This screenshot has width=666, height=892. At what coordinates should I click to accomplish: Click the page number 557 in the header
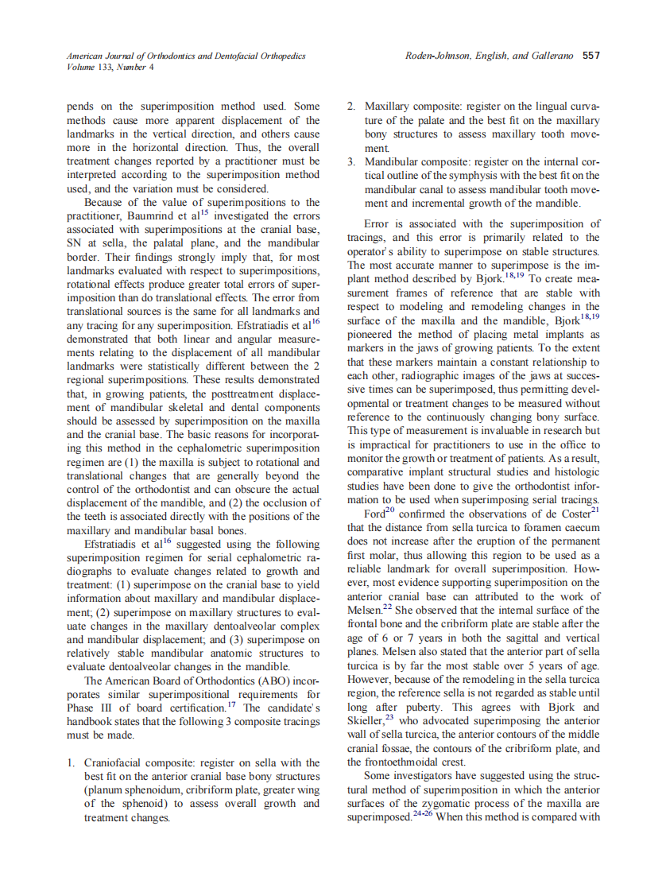click(590, 56)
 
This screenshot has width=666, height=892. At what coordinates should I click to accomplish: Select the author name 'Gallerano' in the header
click(551, 56)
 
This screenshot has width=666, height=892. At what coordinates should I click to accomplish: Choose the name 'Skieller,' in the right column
click(369, 721)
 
